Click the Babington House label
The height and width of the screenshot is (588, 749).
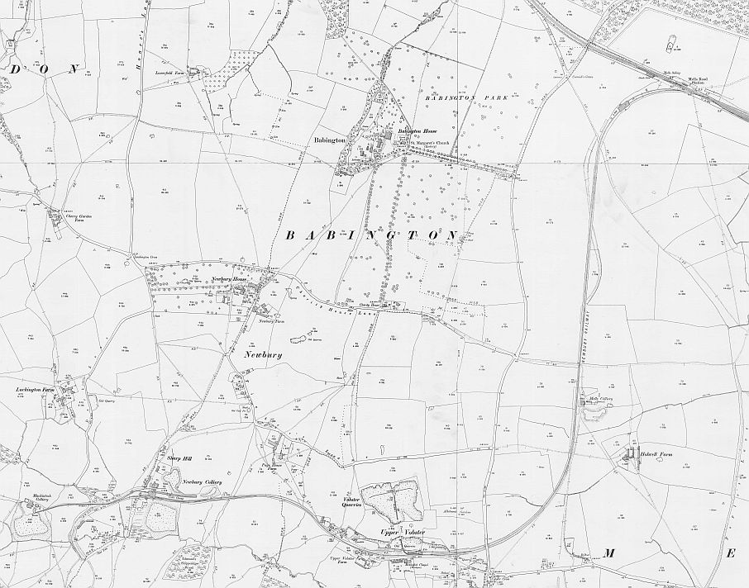(x=417, y=132)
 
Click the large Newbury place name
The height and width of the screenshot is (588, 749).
(x=264, y=354)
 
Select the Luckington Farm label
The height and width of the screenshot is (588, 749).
(x=35, y=387)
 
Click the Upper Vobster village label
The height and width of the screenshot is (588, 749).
(x=401, y=532)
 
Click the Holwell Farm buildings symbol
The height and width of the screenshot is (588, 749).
(x=631, y=455)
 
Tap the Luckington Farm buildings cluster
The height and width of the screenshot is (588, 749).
(x=63, y=400)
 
